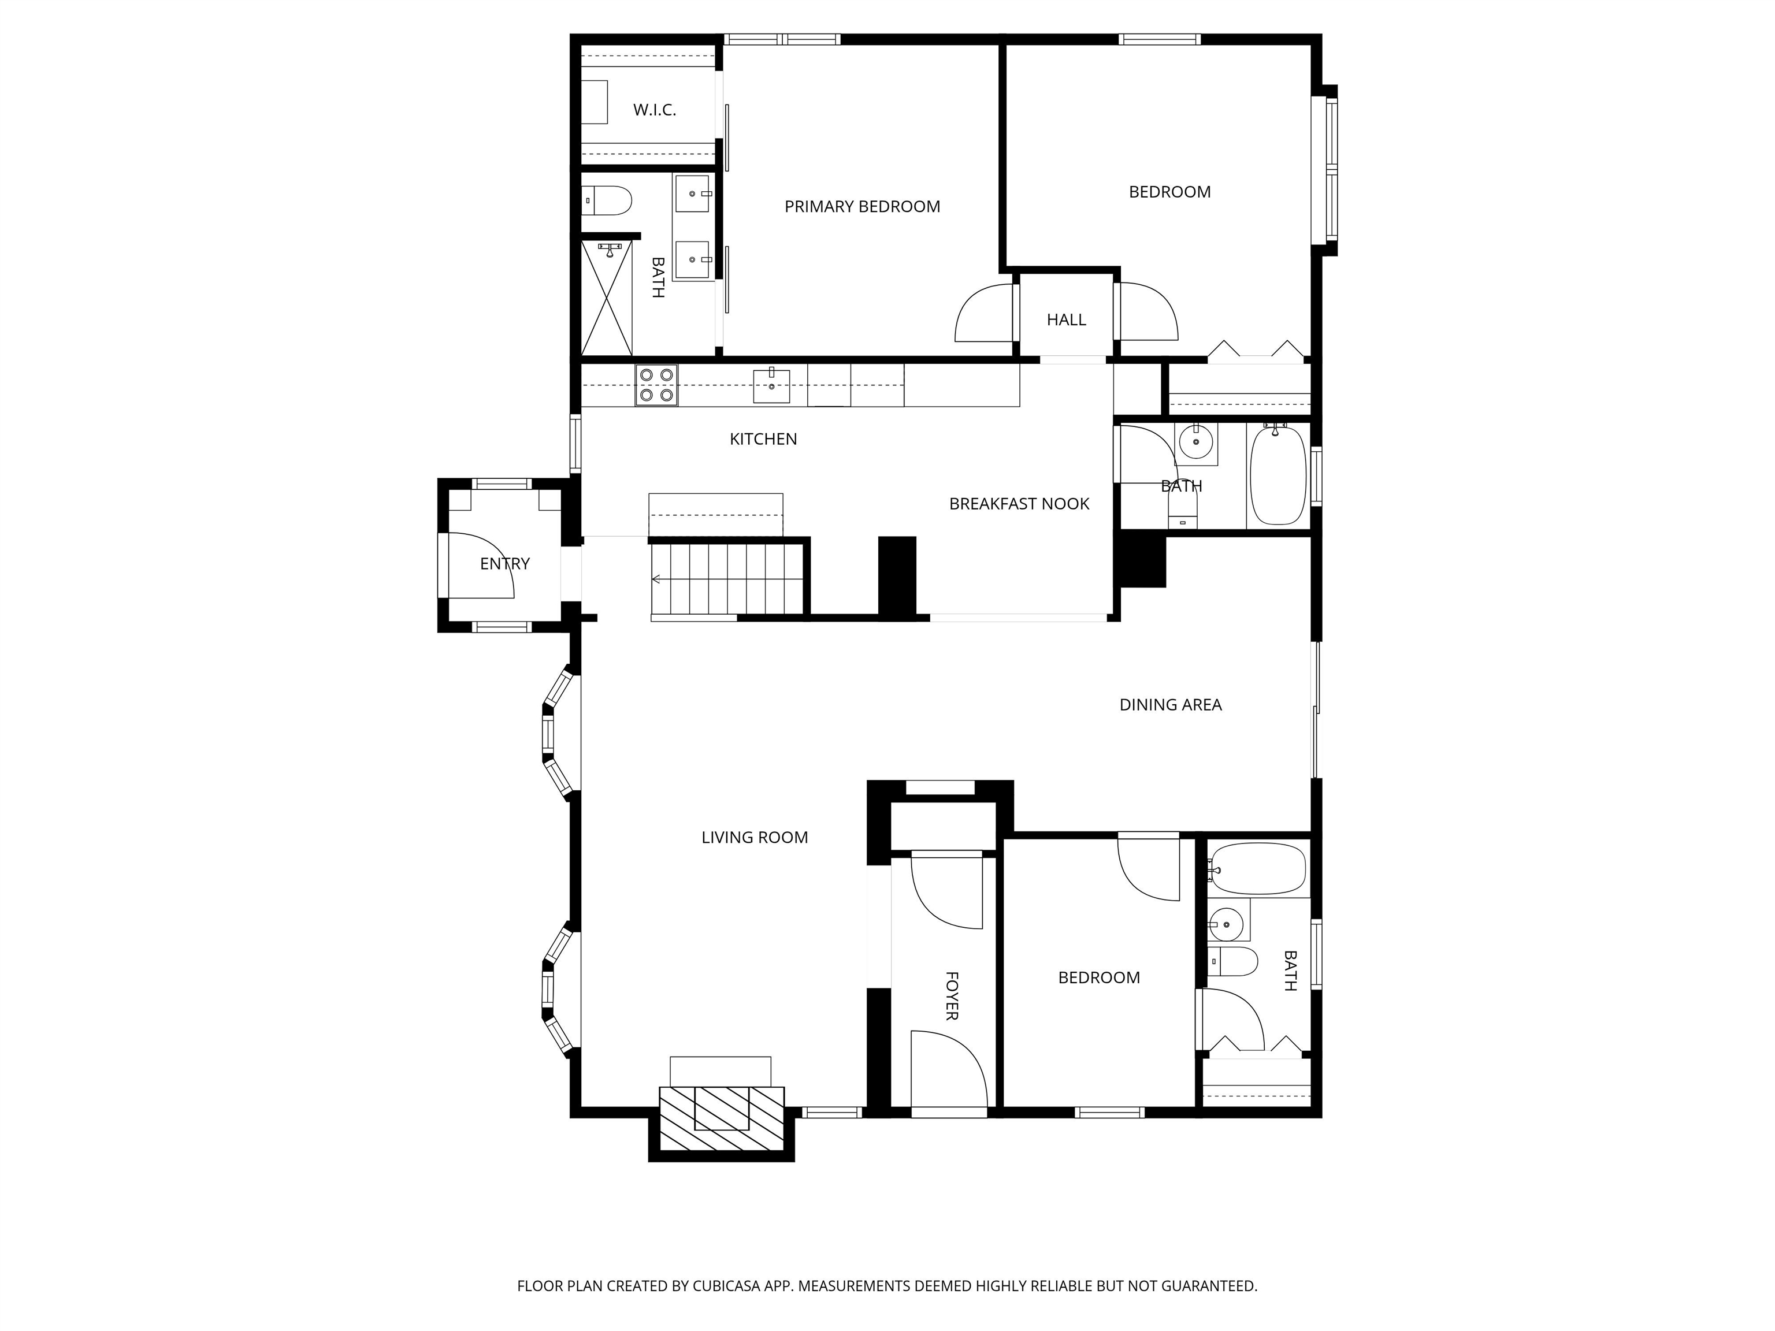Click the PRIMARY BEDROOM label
[x=862, y=207]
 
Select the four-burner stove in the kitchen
[x=656, y=385]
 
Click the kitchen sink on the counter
[x=771, y=386]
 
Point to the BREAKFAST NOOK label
[x=1019, y=504]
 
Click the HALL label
[x=1067, y=320]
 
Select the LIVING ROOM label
[x=754, y=838]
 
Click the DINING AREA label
[x=1171, y=705]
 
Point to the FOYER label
[x=952, y=995]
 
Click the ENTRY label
[x=505, y=564]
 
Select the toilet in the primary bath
[x=607, y=200]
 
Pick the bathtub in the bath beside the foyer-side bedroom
[x=1257, y=869]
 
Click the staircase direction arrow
[x=656, y=578]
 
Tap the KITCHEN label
[x=763, y=440]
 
